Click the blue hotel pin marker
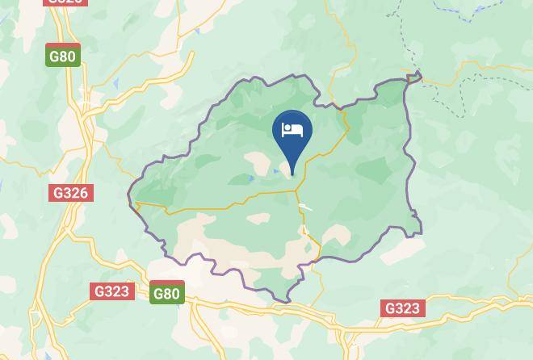pyautogui.click(x=292, y=134)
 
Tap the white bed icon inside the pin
pyautogui.click(x=292, y=129)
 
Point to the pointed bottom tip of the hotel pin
pyautogui.click(x=292, y=174)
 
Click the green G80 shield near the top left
pyautogui.click(x=63, y=56)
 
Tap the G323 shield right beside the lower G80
pyautogui.click(x=111, y=291)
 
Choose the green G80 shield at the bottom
pyautogui.click(x=166, y=293)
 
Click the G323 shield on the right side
pyautogui.click(x=402, y=308)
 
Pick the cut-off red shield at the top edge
pyautogui.click(x=65, y=2)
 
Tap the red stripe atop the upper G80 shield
pyautogui.click(x=63, y=46)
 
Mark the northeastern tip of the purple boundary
pyautogui.click(x=418, y=76)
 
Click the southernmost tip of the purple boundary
pyautogui.click(x=287, y=302)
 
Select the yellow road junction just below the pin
pyautogui.click(x=297, y=191)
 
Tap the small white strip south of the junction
pyautogui.click(x=305, y=207)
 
